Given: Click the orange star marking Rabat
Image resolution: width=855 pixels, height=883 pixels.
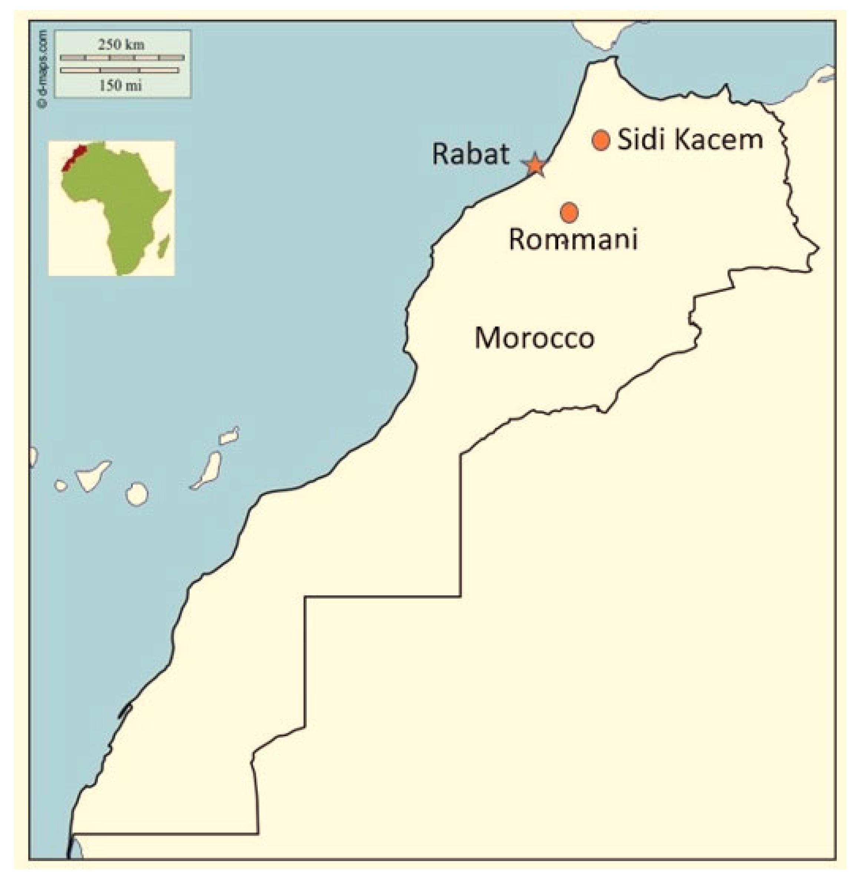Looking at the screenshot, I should click(x=535, y=165).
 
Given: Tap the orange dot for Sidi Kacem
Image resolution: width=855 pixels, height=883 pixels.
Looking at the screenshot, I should click(x=600, y=140).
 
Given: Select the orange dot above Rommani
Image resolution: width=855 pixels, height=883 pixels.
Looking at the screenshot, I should click(x=569, y=212).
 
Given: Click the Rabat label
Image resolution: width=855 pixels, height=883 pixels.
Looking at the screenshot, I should click(x=470, y=153).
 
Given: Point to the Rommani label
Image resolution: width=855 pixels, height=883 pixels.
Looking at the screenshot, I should click(x=573, y=239).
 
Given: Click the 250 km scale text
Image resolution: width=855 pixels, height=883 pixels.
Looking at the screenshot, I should click(x=122, y=44).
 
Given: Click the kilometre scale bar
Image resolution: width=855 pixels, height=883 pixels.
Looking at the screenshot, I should click(x=122, y=58).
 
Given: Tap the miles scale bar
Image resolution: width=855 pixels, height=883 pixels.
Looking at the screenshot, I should click(x=119, y=70).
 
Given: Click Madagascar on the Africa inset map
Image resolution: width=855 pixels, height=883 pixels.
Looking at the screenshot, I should click(x=164, y=247).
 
